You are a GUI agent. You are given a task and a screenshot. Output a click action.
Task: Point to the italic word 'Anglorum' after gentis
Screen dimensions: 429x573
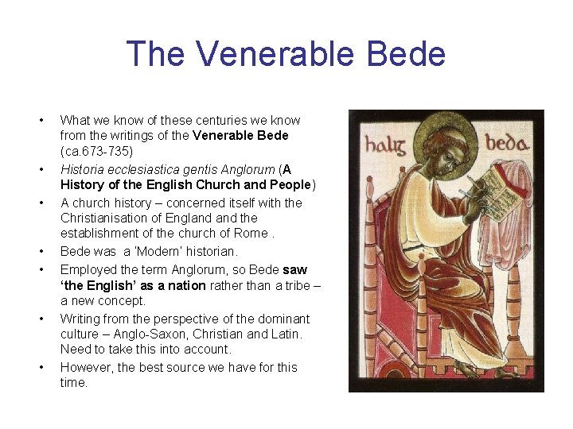[x=248, y=169]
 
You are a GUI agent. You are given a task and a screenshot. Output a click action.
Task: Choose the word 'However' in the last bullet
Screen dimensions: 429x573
[x=87, y=367]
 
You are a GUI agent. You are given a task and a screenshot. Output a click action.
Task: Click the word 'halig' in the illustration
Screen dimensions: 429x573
[x=385, y=145]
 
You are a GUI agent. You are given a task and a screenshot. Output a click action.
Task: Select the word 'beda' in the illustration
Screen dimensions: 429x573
[x=507, y=144]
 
